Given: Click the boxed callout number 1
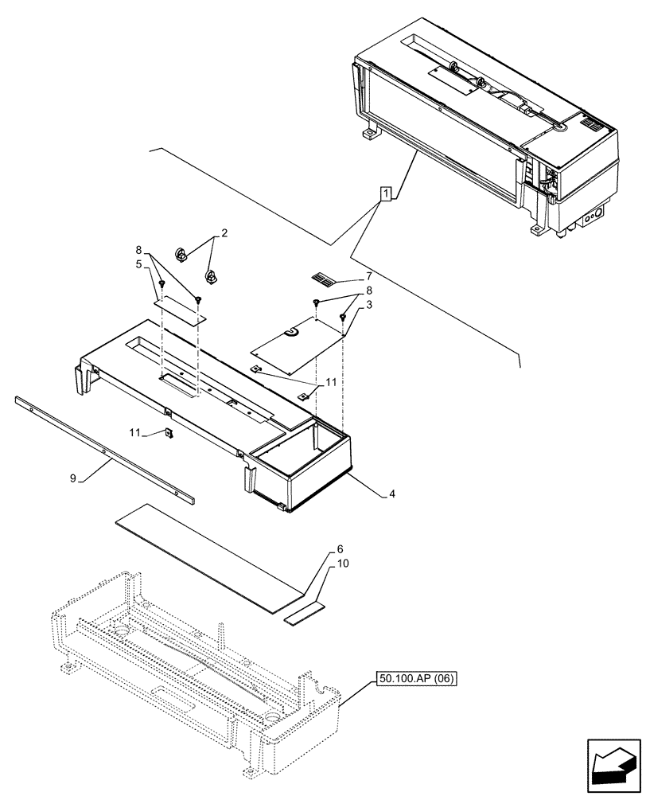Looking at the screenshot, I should tap(385, 193).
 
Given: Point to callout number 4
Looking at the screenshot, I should tap(393, 494).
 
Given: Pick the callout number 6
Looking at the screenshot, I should tap(340, 550).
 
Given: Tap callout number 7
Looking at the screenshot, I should tap(368, 275).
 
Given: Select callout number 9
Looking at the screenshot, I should tap(73, 479).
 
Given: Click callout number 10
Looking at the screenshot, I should tap(343, 564).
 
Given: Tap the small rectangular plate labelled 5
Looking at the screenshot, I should tap(180, 308).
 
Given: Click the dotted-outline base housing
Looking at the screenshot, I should tap(199, 685).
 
